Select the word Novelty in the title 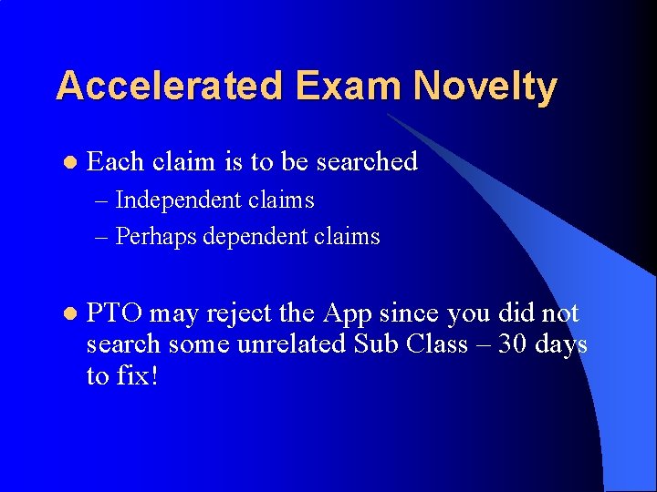click(x=485, y=87)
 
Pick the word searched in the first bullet click(x=367, y=161)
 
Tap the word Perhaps click(x=156, y=237)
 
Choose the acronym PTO click(x=114, y=313)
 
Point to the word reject click(x=239, y=313)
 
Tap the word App click(x=346, y=313)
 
